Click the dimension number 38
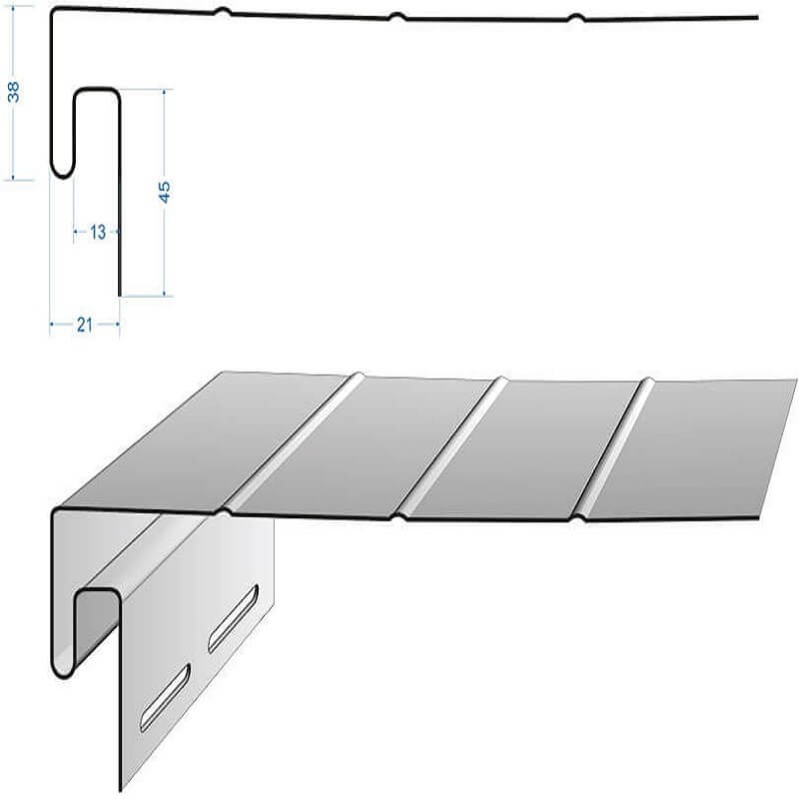[14, 92]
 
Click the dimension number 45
[164, 192]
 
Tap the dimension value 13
[97, 233]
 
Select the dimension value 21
[85, 325]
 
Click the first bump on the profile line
[223, 12]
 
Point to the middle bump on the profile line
[398, 17]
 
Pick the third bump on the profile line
[576, 18]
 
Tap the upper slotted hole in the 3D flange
[233, 618]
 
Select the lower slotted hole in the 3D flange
[165, 697]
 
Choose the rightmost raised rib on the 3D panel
[614, 449]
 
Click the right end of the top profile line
[758, 17]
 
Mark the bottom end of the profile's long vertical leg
[120, 295]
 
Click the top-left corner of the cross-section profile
[53, 9]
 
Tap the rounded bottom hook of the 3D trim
[63, 671]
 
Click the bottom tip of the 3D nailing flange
[121, 790]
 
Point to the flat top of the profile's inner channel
[97, 90]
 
